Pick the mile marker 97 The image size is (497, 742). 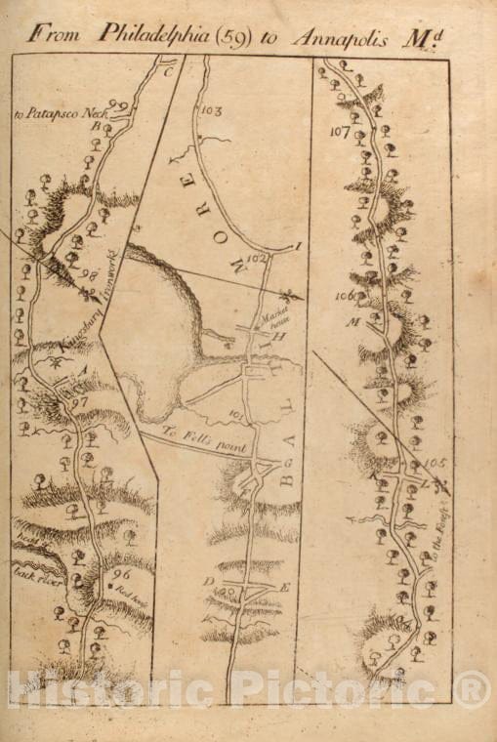(x=79, y=402)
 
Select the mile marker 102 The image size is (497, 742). (x=257, y=258)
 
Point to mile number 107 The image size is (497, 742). (x=341, y=131)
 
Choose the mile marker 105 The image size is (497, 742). (x=435, y=462)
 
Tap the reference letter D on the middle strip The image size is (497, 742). (x=208, y=583)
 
